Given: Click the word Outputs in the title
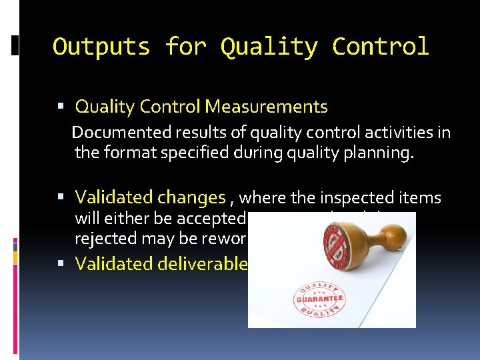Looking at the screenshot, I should (101, 47).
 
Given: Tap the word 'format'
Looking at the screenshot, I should (127, 153).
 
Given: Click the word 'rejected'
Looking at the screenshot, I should (103, 239).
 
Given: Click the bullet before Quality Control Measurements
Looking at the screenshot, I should (61, 107).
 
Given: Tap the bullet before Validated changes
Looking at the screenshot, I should (61, 198).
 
